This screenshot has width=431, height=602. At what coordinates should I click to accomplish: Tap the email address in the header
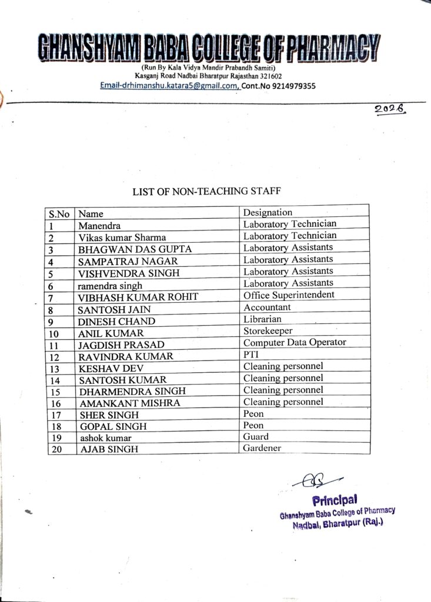tap(169, 86)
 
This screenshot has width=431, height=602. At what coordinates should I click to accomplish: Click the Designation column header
tap(268, 212)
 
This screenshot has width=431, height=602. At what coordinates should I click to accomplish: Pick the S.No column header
tap(59, 214)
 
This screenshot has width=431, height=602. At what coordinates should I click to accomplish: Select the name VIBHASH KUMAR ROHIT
tap(138, 297)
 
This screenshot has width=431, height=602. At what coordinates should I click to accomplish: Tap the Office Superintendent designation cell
tap(289, 295)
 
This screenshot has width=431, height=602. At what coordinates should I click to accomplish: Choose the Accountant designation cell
tap(267, 307)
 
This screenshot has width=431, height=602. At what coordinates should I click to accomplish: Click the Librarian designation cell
tap(262, 319)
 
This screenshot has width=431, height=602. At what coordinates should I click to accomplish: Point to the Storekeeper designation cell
tap(268, 331)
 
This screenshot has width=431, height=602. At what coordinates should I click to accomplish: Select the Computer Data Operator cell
tap(295, 342)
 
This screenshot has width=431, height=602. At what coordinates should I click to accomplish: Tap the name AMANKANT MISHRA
tap(129, 403)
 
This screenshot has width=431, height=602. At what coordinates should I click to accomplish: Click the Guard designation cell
tap(256, 437)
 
